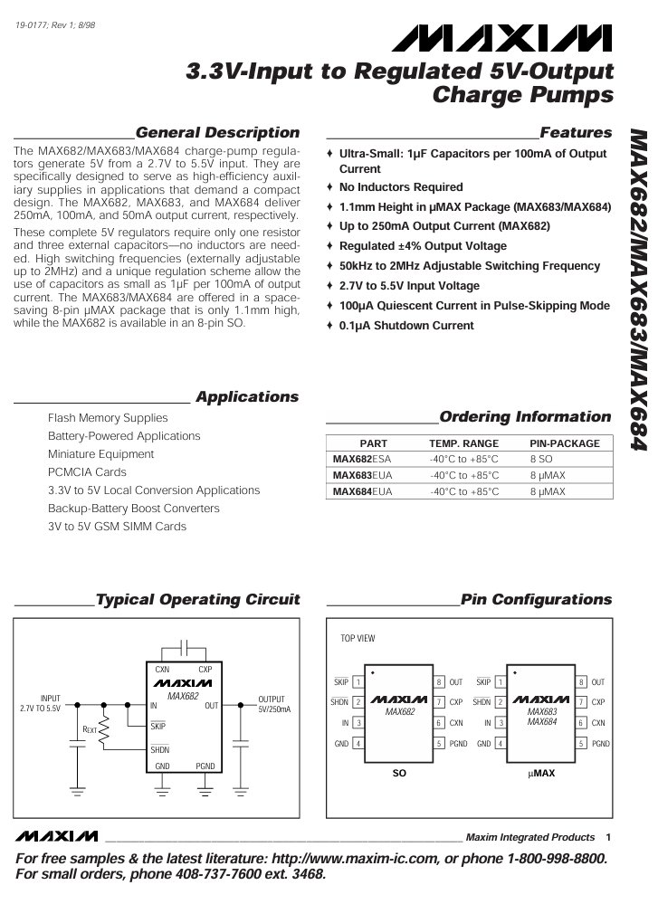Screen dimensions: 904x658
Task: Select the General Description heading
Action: pyautogui.click(x=217, y=133)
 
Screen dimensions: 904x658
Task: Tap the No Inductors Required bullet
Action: pyautogui.click(x=400, y=187)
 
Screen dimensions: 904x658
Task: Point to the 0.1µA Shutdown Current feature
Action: pyautogui.click(x=406, y=326)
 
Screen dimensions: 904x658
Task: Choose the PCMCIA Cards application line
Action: pyautogui.click(x=87, y=472)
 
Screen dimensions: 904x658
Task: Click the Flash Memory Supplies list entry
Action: pyautogui.click(x=108, y=418)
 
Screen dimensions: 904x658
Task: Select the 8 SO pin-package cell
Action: pyautogui.click(x=540, y=459)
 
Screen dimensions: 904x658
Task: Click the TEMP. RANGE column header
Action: pyautogui.click(x=463, y=443)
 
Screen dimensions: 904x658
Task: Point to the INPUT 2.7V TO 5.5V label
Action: pyautogui.click(x=40, y=704)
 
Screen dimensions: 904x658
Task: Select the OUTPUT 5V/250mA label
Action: pyautogui.click(x=274, y=704)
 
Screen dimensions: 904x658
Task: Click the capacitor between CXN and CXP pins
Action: pyautogui.click(x=184, y=648)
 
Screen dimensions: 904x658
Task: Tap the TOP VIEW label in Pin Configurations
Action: pyautogui.click(x=358, y=639)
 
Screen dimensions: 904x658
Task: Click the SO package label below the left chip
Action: pyautogui.click(x=399, y=774)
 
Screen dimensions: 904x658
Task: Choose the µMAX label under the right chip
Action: pyautogui.click(x=541, y=774)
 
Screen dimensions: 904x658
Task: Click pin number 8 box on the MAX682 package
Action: pyautogui.click(x=439, y=682)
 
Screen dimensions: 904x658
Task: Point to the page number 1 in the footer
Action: pyautogui.click(x=609, y=836)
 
